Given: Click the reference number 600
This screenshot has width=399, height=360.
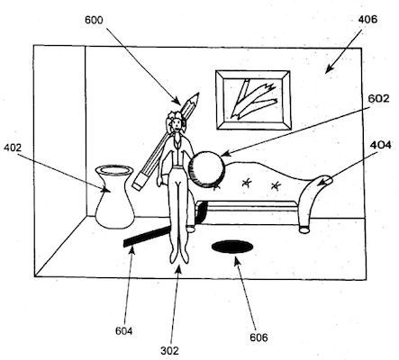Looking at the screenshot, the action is (x=94, y=20).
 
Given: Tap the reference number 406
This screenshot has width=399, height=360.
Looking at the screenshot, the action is (x=367, y=20).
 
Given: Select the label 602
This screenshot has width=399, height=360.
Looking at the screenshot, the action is (x=378, y=98).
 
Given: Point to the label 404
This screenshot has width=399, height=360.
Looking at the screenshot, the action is (x=381, y=145).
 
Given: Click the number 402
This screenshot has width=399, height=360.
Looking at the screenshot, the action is (x=13, y=148).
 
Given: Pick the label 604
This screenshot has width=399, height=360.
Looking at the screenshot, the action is (x=123, y=331).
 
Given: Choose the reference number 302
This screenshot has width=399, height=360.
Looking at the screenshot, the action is (x=169, y=350).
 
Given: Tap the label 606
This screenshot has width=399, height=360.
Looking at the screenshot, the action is (x=258, y=337).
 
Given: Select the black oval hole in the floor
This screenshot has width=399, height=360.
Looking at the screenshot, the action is (x=232, y=247).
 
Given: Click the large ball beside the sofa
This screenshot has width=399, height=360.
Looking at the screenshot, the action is (x=206, y=170).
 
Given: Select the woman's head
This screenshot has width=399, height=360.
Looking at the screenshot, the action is (x=176, y=121).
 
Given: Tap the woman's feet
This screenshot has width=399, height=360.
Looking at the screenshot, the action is (x=179, y=257).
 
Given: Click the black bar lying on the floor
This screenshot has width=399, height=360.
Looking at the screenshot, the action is (x=147, y=237).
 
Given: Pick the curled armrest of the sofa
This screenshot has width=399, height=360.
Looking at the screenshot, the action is (x=314, y=192).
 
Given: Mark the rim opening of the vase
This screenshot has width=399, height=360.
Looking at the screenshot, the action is (x=114, y=170).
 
